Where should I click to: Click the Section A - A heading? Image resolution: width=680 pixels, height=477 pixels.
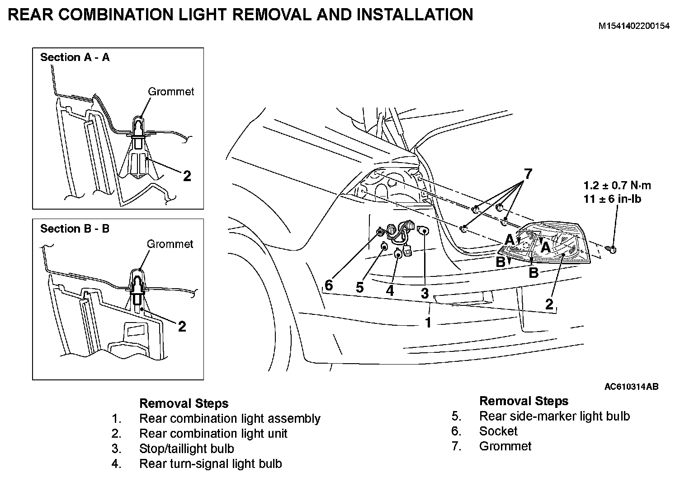75,57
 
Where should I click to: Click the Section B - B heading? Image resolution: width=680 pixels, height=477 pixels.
75,229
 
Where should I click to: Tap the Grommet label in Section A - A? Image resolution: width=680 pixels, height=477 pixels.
171,92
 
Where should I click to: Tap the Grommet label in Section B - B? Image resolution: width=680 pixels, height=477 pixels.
170,244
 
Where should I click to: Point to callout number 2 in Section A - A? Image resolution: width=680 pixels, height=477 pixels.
187,176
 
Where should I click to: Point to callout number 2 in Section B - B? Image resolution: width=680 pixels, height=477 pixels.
182,326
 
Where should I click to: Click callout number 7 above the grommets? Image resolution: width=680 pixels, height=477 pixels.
528,174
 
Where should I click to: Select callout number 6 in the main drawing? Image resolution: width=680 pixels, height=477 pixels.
329,285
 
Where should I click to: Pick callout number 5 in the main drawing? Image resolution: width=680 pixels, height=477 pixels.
359,287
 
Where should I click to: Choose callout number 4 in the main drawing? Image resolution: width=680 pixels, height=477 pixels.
390,290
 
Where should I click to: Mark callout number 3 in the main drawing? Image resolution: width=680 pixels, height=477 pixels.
425,294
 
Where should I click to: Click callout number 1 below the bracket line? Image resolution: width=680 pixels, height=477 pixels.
428,323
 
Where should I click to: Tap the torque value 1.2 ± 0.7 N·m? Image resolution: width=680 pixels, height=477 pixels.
617,186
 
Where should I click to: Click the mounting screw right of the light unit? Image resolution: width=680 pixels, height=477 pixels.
612,248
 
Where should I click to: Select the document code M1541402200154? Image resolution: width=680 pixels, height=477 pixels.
634,26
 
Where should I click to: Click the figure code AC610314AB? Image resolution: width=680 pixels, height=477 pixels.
631,387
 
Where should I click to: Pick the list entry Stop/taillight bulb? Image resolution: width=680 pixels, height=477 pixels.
187,449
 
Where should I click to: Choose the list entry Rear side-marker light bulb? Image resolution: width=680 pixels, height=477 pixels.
554,416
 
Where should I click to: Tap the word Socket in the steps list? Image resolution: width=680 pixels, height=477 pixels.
498,431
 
